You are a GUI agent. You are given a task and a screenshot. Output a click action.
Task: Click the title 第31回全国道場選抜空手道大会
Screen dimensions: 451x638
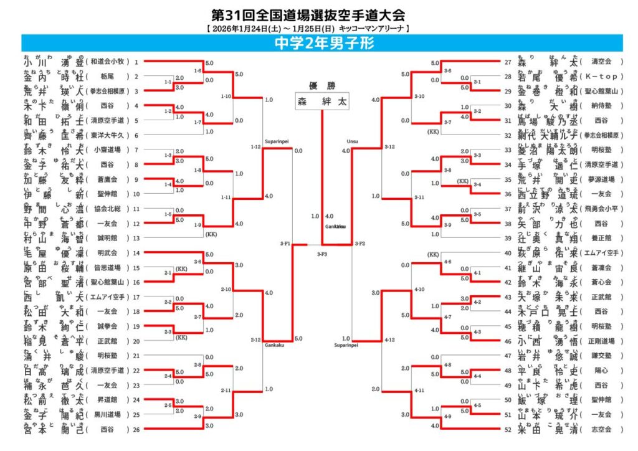[304, 16]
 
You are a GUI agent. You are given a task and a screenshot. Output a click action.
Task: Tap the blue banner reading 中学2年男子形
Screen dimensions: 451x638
[319, 43]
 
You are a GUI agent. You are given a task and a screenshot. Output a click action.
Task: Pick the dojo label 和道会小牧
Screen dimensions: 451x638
[110, 62]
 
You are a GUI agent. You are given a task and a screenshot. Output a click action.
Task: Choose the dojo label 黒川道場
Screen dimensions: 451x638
[110, 414]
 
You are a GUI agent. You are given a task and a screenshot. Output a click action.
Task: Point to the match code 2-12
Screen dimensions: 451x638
[255, 339]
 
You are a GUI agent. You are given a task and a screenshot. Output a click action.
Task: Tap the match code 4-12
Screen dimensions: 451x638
[389, 339]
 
